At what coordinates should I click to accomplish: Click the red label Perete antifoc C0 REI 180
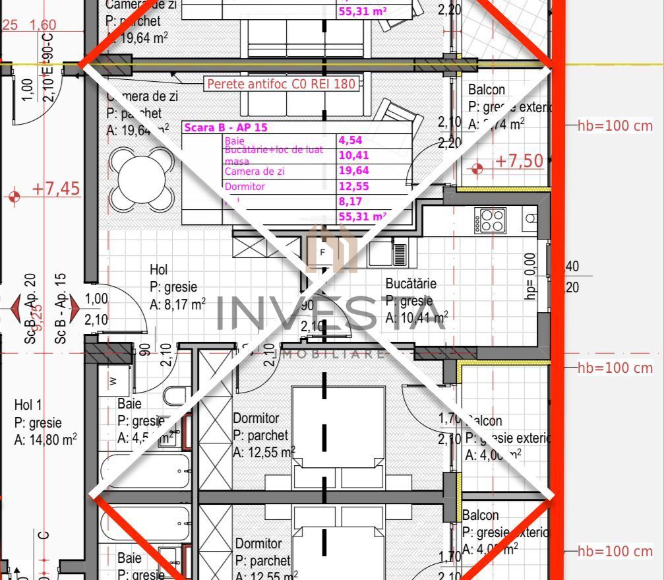click(x=282, y=84)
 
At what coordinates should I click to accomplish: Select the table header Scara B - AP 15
click(x=226, y=127)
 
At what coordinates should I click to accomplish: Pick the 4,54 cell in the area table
click(x=350, y=140)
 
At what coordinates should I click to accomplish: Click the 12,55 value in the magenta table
click(x=353, y=187)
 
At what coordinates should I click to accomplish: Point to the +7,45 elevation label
click(x=56, y=189)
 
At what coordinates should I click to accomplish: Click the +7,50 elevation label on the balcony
click(x=520, y=161)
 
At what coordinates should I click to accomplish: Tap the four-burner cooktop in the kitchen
click(x=491, y=220)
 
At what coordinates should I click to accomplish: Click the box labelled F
click(x=322, y=252)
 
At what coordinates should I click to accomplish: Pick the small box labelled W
click(x=113, y=381)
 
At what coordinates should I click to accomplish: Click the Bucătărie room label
click(x=411, y=284)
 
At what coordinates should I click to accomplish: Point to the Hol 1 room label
click(x=28, y=405)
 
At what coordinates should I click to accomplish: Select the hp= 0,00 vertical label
click(x=530, y=277)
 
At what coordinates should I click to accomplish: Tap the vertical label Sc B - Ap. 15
click(x=60, y=309)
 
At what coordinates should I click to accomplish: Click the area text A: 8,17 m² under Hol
click(x=177, y=305)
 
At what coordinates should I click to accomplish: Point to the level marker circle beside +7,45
click(x=15, y=197)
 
